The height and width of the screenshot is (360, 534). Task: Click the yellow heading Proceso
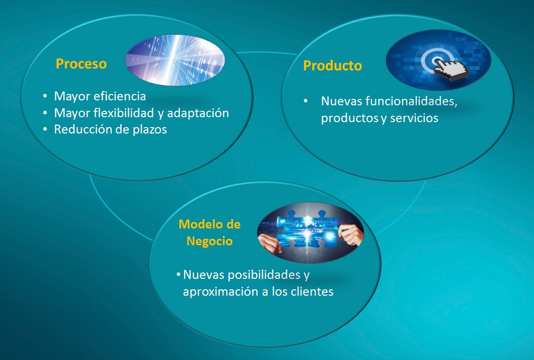[81, 64]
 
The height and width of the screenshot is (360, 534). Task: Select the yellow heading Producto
[332, 66]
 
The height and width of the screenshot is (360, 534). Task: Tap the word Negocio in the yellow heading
[210, 241]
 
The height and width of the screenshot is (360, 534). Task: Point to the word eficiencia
[120, 96]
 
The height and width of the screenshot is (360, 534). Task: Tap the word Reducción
[81, 130]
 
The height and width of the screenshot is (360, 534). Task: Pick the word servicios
[414, 118]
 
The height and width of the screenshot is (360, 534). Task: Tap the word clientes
[312, 292]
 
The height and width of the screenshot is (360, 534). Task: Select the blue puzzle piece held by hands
[307, 228]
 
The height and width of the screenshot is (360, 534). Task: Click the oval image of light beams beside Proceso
[175, 60]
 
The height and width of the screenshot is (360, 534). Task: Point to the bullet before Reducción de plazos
[45, 130]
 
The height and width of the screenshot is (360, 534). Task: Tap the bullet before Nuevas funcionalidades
[306, 101]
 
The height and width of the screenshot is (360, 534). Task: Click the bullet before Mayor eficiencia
[45, 96]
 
